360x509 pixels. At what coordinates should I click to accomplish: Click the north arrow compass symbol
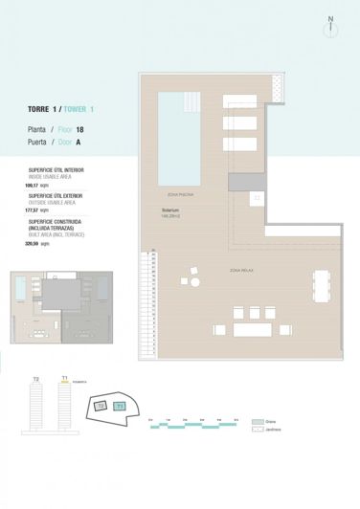(x=330, y=26)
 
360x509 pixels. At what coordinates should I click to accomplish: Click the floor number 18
(x=92, y=127)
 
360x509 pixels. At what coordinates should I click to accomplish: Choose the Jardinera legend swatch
(x=257, y=431)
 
